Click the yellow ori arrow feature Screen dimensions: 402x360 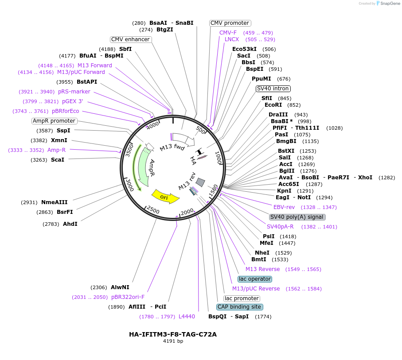(165, 196)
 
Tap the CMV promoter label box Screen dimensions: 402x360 (230, 23)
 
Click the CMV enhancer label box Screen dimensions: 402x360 (131, 39)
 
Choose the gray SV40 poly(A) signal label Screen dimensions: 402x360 (297, 217)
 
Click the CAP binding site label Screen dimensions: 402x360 (239, 307)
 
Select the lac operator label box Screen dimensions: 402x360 (255, 279)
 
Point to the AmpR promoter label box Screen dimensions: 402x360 (54, 121)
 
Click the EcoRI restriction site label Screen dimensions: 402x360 (273, 105)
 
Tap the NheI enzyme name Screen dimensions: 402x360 (262, 253)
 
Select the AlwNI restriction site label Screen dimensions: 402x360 (120, 287)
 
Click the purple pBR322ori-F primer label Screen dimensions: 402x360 (128, 297)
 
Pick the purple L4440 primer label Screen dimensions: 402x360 (187, 317)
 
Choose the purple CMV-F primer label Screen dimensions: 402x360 (228, 33)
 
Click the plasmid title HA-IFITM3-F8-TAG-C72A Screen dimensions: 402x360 (172, 334)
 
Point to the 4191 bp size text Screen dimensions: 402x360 (173, 341)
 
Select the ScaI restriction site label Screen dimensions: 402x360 (58, 160)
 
